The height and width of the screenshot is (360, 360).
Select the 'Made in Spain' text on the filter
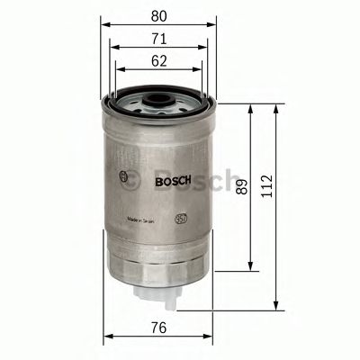[x=145, y=219]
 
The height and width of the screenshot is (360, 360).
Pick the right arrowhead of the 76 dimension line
[x=211, y=337]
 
